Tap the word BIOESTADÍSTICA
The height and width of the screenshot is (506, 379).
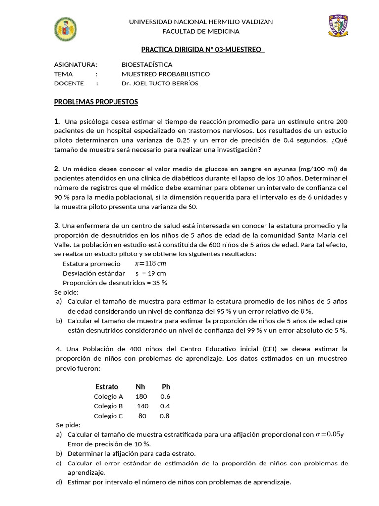[147, 64]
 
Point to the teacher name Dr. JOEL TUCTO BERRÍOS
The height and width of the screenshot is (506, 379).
[160, 83]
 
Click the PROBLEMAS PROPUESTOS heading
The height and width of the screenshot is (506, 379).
[96, 102]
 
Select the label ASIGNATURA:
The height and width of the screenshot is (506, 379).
[76, 64]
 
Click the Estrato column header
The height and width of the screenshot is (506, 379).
[107, 386]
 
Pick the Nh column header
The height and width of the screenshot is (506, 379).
[140, 386]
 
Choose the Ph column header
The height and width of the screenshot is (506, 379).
[166, 386]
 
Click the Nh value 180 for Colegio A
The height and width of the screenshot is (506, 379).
[141, 396]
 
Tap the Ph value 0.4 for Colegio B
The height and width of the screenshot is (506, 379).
[165, 406]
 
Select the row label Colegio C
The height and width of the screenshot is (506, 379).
[108, 416]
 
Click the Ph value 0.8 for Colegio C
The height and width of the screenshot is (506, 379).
[165, 416]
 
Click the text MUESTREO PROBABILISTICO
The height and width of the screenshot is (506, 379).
[165, 74]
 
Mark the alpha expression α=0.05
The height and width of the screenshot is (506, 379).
[328, 434]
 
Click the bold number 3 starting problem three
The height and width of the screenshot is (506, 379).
[56, 225]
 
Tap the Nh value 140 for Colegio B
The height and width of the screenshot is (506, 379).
[142, 406]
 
